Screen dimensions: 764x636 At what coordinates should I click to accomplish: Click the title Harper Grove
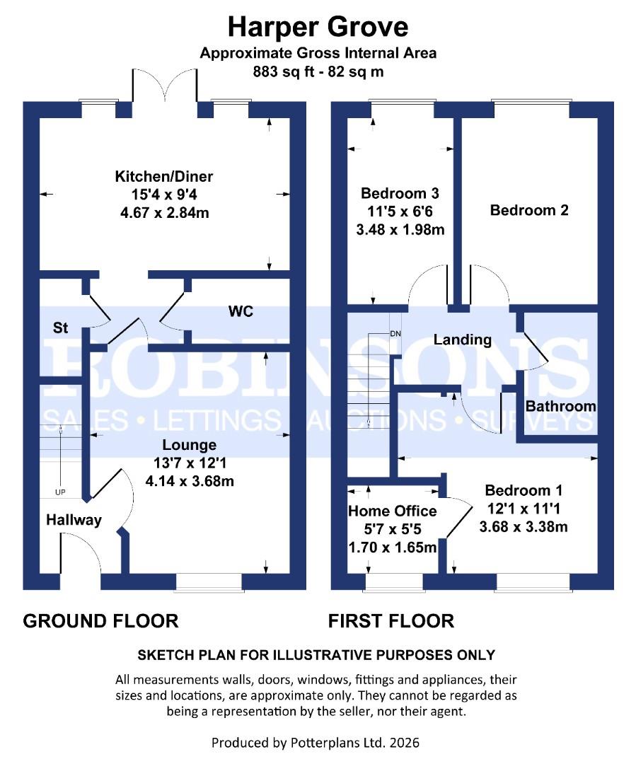318,27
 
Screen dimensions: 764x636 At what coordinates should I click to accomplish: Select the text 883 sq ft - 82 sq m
318,71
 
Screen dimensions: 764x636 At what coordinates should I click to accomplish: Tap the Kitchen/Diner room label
164,177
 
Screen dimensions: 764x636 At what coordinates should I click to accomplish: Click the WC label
241,311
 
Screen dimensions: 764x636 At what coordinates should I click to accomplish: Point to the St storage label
62,328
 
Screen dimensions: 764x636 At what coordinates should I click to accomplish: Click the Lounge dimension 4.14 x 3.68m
189,480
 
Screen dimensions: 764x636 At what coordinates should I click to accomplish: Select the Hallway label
74,520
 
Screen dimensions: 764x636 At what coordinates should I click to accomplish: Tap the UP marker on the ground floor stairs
61,492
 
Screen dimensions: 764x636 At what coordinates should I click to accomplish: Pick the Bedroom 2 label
529,210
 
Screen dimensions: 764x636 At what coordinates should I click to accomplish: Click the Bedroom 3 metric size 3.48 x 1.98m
400,230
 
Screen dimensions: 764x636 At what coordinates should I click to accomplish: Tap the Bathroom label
560,406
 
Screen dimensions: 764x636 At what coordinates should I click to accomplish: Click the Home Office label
392,511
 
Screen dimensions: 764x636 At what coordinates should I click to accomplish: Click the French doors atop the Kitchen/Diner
163,88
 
